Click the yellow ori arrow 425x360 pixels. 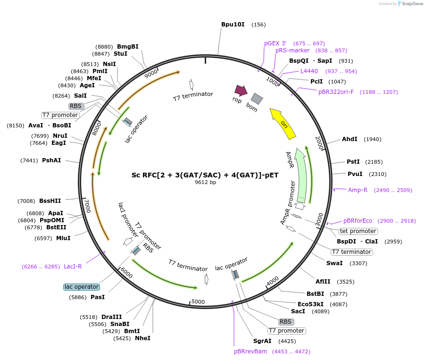tap(283, 123)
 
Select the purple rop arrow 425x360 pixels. tap(241, 90)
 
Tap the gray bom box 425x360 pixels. tap(257, 99)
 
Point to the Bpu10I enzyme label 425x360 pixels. tap(233, 25)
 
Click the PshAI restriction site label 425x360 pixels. tap(51, 160)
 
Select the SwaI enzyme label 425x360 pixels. tap(334, 263)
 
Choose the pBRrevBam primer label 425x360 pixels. tap(250, 352)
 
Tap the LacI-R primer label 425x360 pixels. tap(73, 266)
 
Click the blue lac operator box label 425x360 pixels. tap(82, 287)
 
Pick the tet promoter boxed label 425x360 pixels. tap(358, 231)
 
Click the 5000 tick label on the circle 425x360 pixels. tap(198, 301)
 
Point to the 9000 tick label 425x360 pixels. tap(150, 74)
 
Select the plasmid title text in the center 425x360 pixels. tap(205, 175)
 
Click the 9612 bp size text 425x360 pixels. tap(205, 182)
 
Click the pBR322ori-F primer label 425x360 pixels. tap(336, 92)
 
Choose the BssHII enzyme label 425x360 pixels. tap(50, 201)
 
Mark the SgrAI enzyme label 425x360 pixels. tap(262, 341)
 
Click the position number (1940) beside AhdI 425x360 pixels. tap(373, 139)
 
